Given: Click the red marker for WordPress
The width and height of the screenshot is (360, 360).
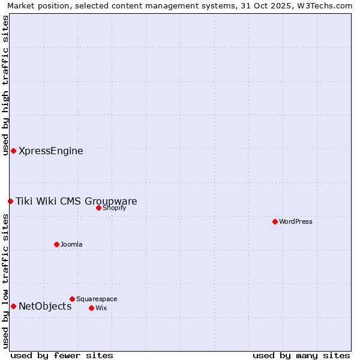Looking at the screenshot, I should [275, 221].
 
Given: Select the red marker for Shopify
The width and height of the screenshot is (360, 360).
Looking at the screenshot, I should [98, 208].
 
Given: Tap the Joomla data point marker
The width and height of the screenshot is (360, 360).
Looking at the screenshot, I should [56, 244].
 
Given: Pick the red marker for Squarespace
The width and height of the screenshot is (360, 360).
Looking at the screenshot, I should [72, 299].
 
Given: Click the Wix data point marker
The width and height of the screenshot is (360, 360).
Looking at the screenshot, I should [91, 308].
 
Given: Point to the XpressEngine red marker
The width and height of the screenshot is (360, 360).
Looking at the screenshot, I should [13, 151].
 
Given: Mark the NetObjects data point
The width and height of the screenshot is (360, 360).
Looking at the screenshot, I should [13, 306].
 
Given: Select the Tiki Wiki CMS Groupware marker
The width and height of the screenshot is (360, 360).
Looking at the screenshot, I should [10, 201].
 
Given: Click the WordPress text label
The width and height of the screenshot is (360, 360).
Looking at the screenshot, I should [296, 221].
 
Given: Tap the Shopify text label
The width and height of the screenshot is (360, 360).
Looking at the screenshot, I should [114, 208].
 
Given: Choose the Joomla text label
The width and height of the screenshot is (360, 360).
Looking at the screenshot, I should [71, 244].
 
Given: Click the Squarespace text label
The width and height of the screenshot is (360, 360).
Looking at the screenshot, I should [97, 299].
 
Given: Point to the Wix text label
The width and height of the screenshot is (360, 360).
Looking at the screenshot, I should [101, 308].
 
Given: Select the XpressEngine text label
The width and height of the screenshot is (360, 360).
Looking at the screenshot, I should [51, 151].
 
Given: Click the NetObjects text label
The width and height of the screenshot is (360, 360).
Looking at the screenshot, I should [45, 306].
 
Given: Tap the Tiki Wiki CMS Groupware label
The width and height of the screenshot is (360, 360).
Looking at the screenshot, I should [76, 201].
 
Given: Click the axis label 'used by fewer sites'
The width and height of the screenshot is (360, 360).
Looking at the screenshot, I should [62, 355].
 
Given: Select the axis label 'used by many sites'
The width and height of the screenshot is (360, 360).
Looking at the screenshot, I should [301, 355].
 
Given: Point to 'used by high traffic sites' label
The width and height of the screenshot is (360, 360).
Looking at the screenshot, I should [5, 85].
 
